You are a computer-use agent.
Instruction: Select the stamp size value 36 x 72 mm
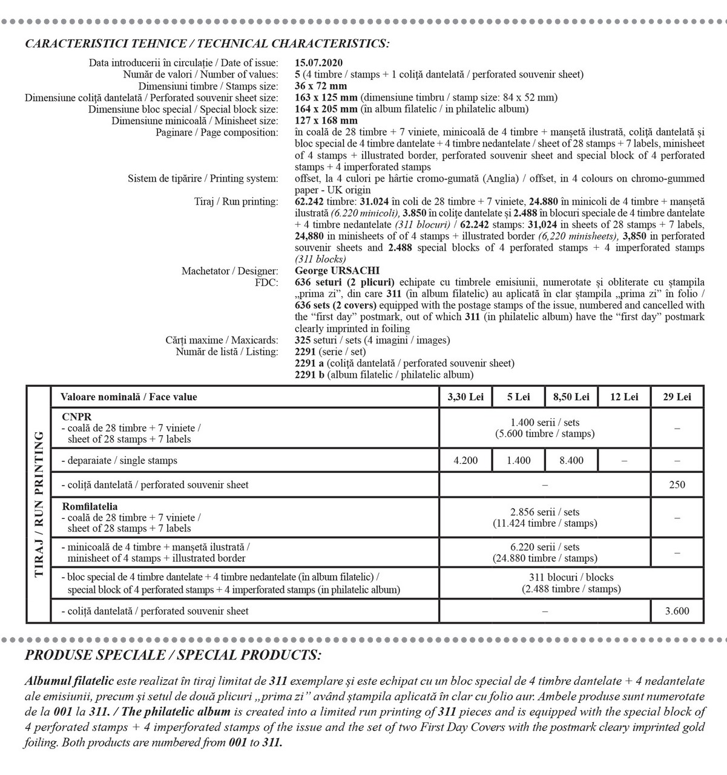[321, 86]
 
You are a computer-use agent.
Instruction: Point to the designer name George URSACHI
[337, 271]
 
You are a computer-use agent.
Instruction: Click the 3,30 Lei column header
[465, 397]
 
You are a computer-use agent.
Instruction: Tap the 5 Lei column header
[519, 397]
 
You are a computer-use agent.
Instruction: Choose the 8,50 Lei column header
[571, 397]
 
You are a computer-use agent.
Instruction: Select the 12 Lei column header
[624, 397]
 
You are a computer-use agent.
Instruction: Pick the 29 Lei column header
[677, 397]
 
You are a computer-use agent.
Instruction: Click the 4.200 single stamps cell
[465, 461]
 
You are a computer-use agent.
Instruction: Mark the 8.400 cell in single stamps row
[571, 461]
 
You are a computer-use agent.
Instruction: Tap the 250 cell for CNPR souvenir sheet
[677, 484]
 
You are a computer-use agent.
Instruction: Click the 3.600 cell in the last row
[677, 612]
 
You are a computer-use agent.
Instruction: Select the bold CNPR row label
[77, 417]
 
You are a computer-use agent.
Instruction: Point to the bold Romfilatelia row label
[90, 507]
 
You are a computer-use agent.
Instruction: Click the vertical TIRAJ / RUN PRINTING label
[39, 504]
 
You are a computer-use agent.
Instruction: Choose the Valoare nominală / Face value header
[129, 397]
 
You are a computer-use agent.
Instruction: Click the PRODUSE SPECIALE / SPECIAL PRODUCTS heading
[173, 655]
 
